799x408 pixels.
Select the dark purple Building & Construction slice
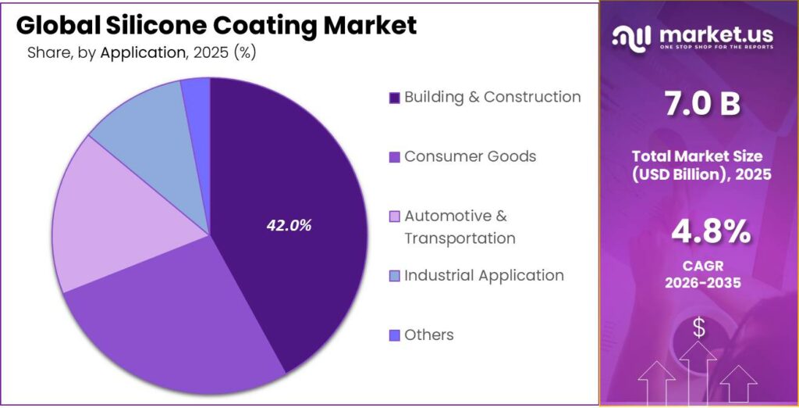312,172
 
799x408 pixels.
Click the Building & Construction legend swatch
394,98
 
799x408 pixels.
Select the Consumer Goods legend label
470,156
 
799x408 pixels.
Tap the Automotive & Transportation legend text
459,227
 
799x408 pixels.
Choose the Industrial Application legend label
483,275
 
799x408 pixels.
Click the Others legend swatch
394,335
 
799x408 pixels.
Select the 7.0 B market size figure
699,104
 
